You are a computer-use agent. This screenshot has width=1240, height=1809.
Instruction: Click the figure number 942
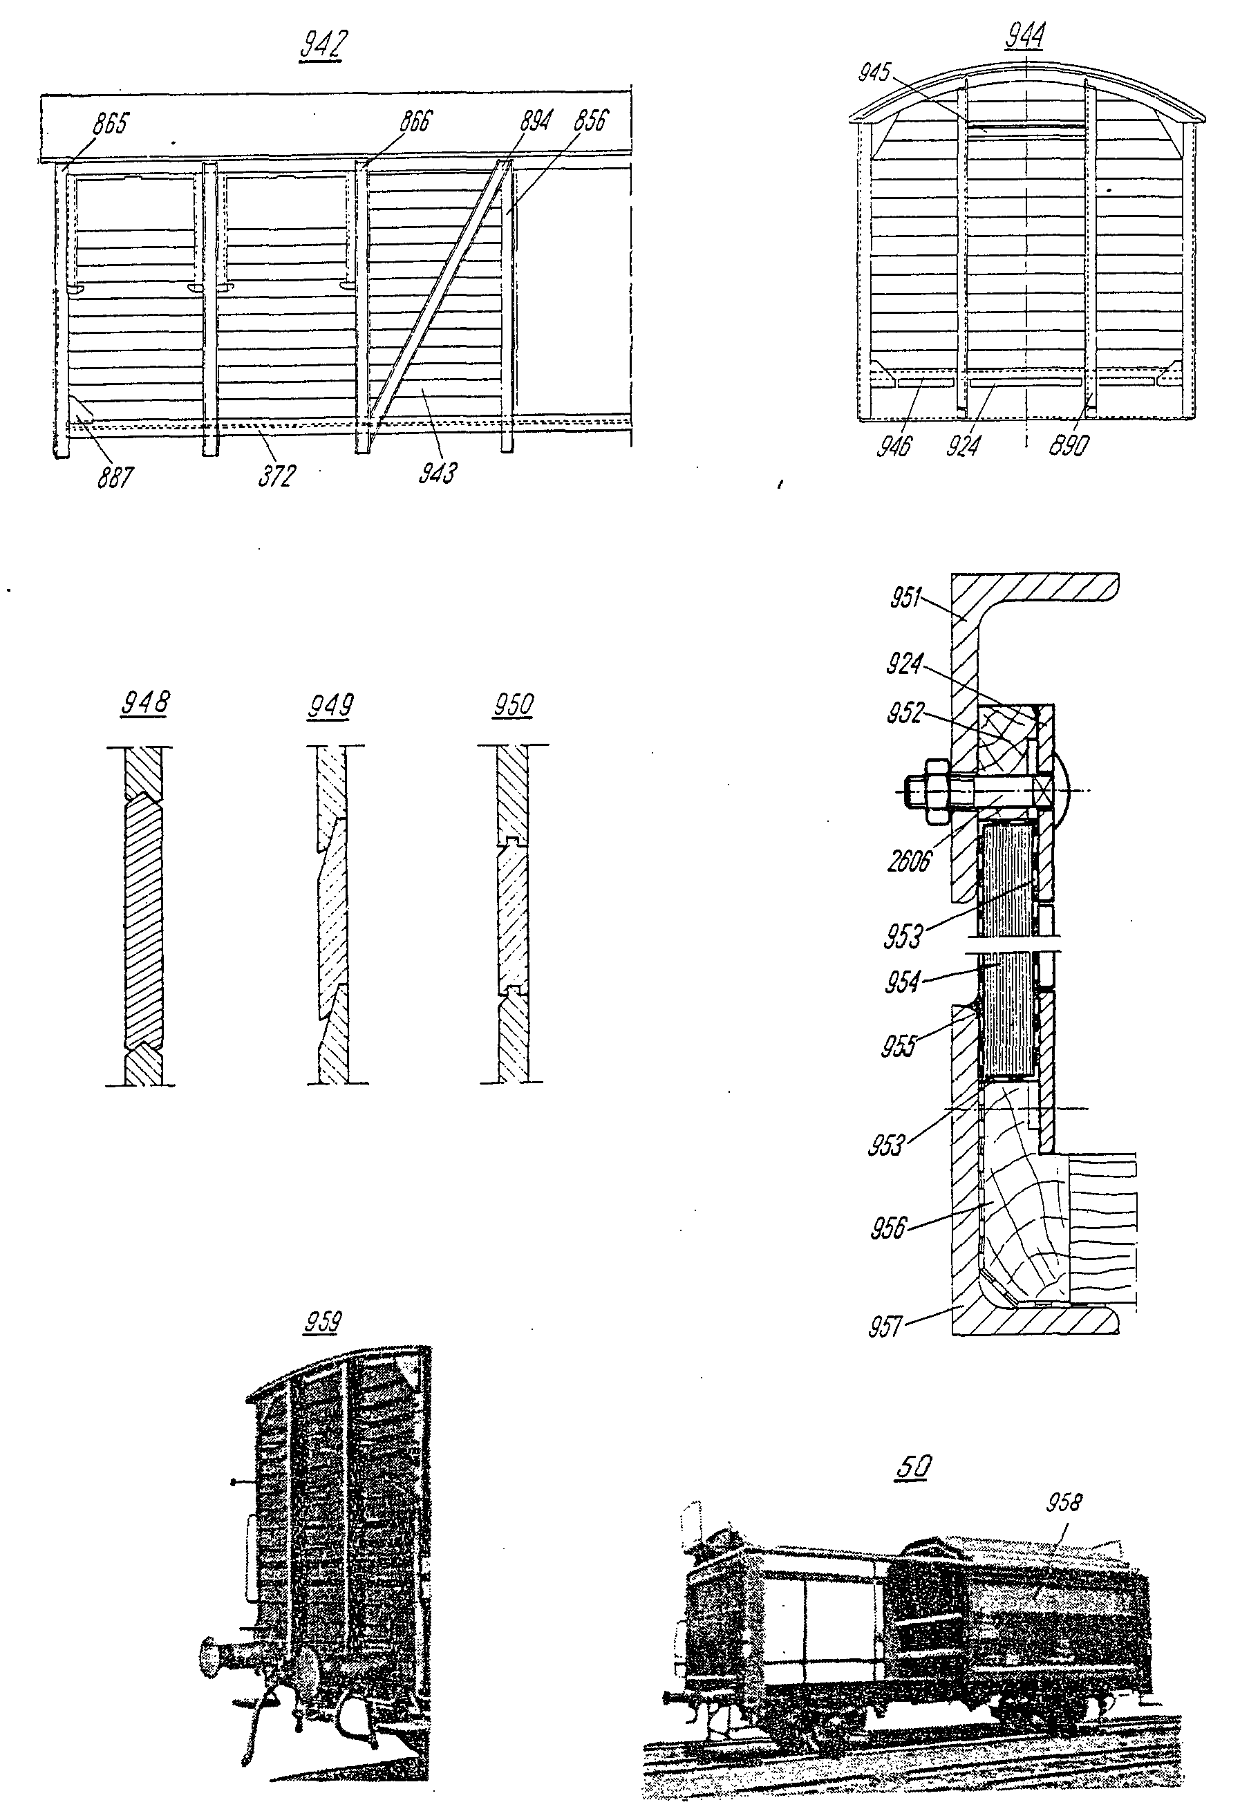pos(322,45)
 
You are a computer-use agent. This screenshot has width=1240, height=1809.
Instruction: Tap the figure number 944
pos(1025,36)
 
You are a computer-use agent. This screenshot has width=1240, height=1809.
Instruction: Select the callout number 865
pos(111,123)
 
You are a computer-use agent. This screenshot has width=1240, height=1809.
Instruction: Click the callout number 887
pos(115,476)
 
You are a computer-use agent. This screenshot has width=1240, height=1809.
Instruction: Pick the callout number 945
pos(874,73)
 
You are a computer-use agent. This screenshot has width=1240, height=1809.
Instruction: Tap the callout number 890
pos(1069,444)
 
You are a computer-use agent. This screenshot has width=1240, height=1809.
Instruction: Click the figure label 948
pos(144,702)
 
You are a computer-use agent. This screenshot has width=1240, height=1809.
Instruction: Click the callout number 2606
pos(909,862)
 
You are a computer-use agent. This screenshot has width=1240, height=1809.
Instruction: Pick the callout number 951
pos(907,598)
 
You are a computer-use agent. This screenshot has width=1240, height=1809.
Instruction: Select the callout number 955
pos(899,1046)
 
